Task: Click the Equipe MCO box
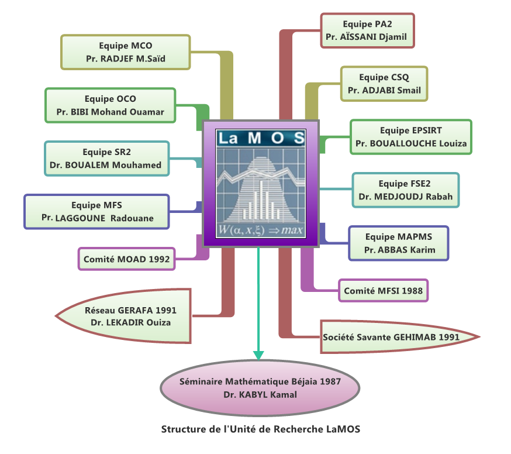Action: [126, 52]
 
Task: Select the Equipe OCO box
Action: [110, 105]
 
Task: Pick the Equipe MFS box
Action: [96, 211]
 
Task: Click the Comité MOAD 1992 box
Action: [126, 258]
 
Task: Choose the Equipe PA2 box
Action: [367, 31]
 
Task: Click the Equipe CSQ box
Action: [384, 84]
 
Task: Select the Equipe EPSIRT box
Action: [410, 137]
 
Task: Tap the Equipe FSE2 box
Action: [405, 190]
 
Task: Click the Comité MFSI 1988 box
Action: [383, 290]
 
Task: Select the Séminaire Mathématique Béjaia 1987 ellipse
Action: [260, 387]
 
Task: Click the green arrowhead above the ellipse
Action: [258, 355]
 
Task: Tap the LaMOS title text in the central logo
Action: [260, 138]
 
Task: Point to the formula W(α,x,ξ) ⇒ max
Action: [260, 231]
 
